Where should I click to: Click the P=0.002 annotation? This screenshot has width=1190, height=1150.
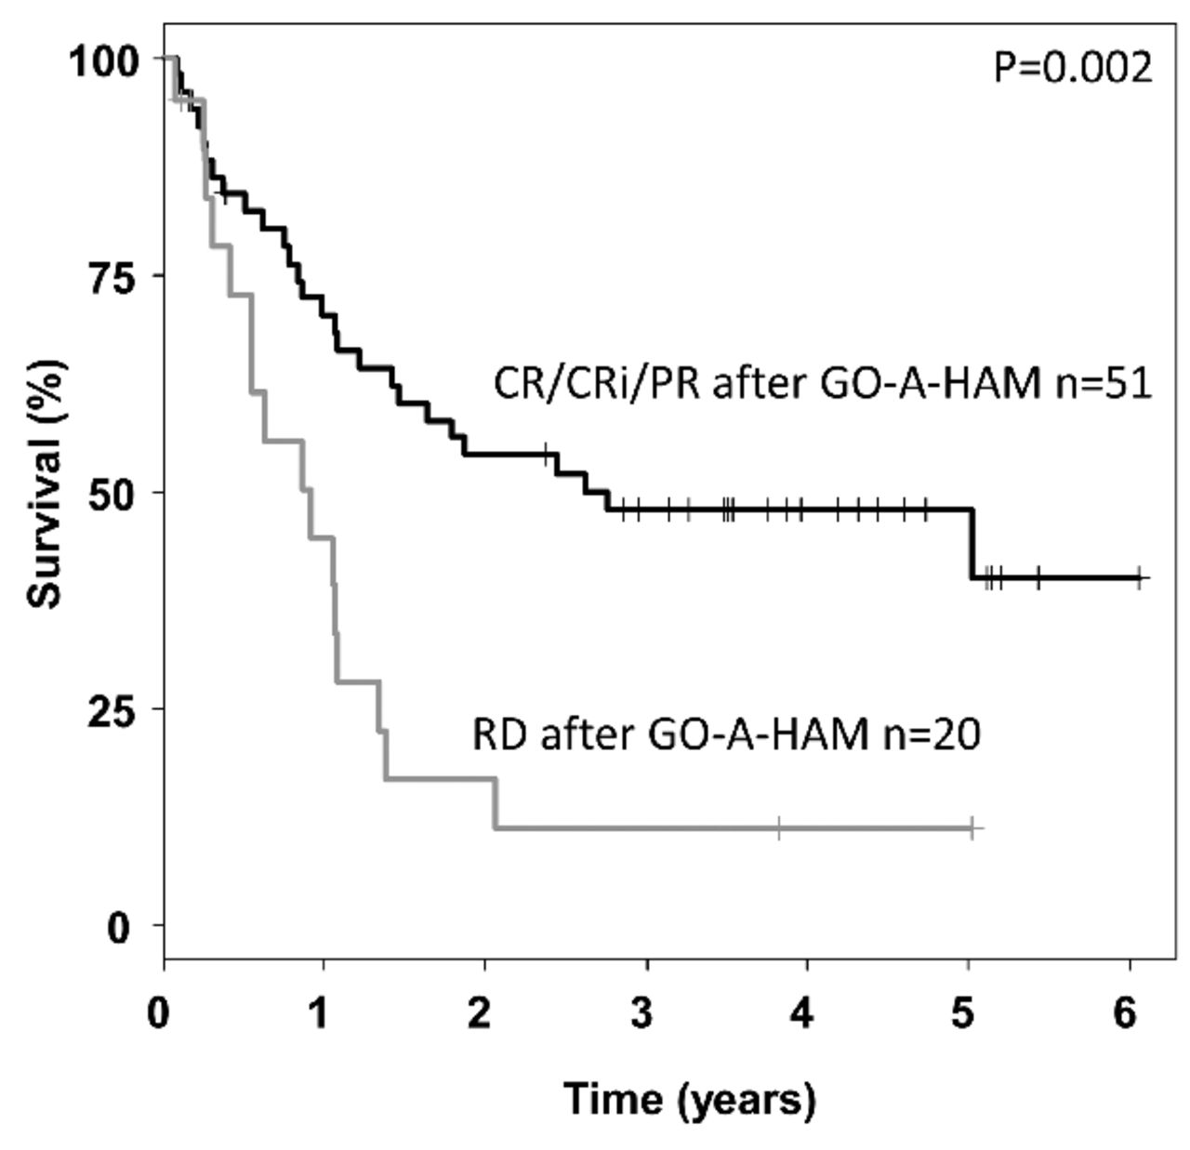1073,68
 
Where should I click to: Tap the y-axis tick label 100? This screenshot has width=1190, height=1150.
105,61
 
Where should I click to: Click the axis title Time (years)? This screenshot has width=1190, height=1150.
689,1099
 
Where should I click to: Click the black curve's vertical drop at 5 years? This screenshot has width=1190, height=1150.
972,544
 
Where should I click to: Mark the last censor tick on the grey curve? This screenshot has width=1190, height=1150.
972,826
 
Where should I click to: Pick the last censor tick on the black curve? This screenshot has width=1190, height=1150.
1140,577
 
